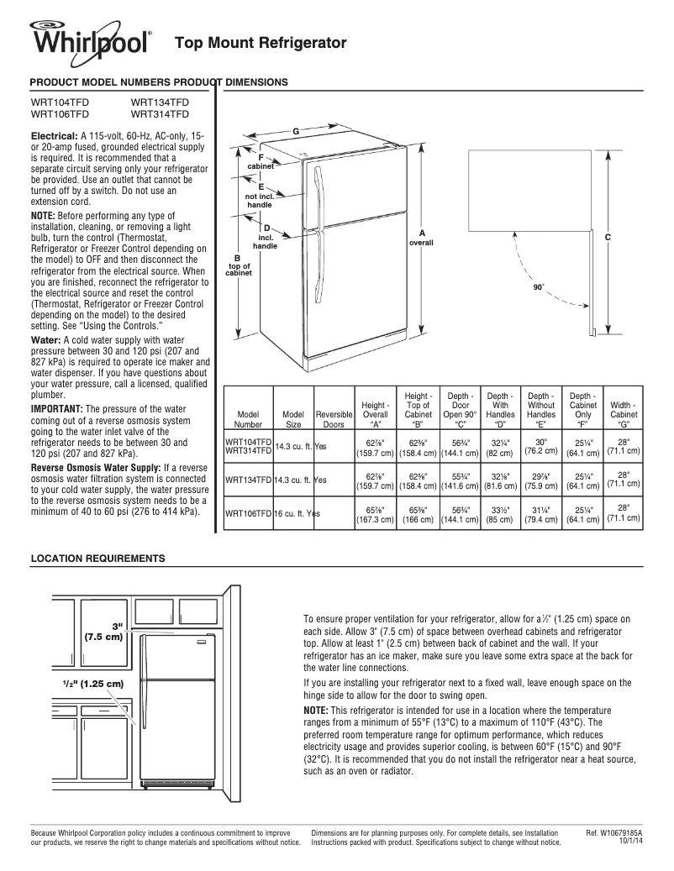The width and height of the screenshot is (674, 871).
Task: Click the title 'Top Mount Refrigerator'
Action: [260, 42]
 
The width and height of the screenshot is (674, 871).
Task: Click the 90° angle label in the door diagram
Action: [539, 287]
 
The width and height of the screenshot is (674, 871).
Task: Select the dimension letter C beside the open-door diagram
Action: [607, 239]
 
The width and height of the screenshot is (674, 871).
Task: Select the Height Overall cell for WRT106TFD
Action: [375, 513]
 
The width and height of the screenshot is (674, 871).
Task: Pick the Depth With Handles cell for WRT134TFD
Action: [500, 480]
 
